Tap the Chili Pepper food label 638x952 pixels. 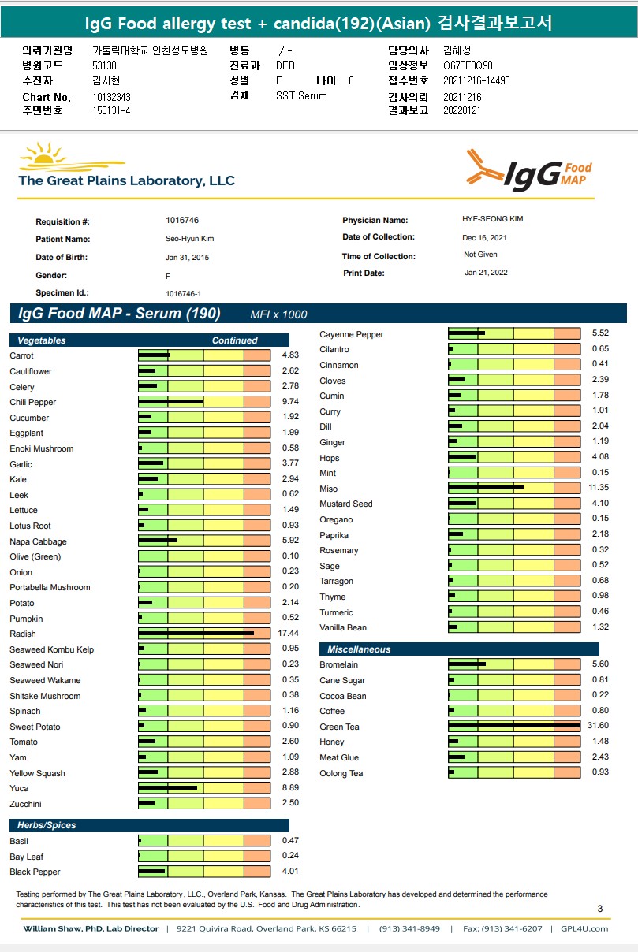[33, 403]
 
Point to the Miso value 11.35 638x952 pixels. [599, 489]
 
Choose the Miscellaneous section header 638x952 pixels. [359, 649]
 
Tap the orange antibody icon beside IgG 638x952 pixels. [483, 169]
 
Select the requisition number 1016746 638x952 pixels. [182, 221]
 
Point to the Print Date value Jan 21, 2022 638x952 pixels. [486, 273]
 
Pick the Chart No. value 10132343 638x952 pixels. [111, 97]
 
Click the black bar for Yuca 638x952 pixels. [167, 787]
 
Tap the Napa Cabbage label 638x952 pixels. [38, 542]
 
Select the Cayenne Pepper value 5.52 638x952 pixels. [600, 333]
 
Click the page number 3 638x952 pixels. [600, 909]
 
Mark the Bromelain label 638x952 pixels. [339, 664]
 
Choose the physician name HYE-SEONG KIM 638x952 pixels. [492, 219]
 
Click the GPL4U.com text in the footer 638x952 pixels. [589, 928]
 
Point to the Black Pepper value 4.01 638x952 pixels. [290, 872]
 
